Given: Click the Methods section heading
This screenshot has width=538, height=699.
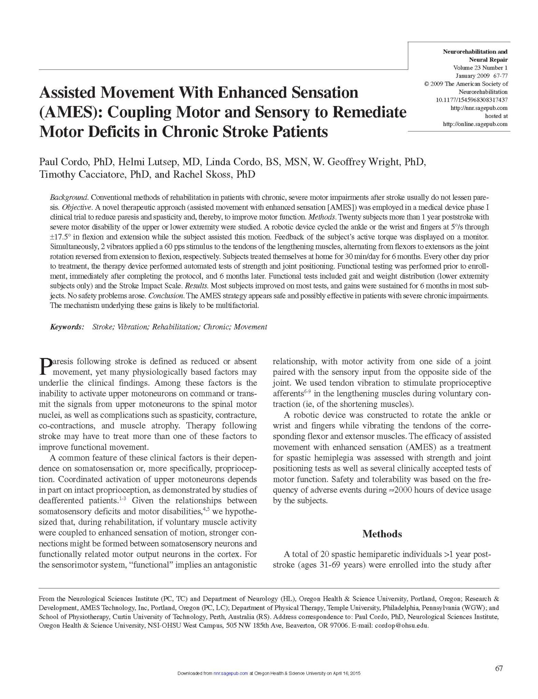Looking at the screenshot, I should (382, 533).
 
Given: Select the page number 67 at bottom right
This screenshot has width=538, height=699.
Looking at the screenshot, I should (499, 668).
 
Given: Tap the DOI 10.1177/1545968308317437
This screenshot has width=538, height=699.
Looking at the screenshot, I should (471, 100).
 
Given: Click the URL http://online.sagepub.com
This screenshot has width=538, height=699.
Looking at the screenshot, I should (475, 124).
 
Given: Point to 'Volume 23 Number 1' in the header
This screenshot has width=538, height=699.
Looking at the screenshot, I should (480, 68).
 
